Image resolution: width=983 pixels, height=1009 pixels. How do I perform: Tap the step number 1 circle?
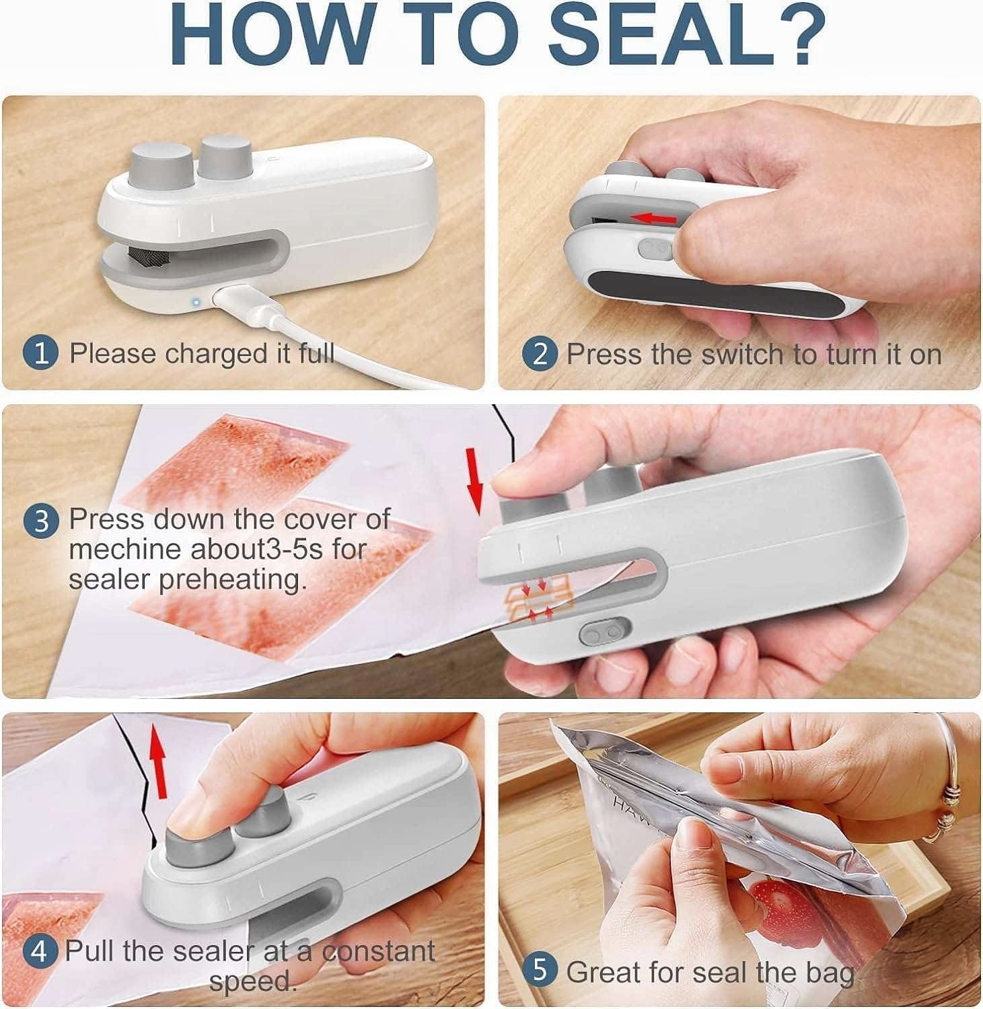[41, 354]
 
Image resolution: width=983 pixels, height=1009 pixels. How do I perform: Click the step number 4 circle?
[40, 952]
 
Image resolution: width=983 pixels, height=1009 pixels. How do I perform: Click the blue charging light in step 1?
[196, 302]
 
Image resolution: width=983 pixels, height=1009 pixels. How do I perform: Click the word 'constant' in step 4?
[378, 951]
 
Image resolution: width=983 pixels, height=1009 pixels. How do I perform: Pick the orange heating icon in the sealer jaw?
[538, 596]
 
